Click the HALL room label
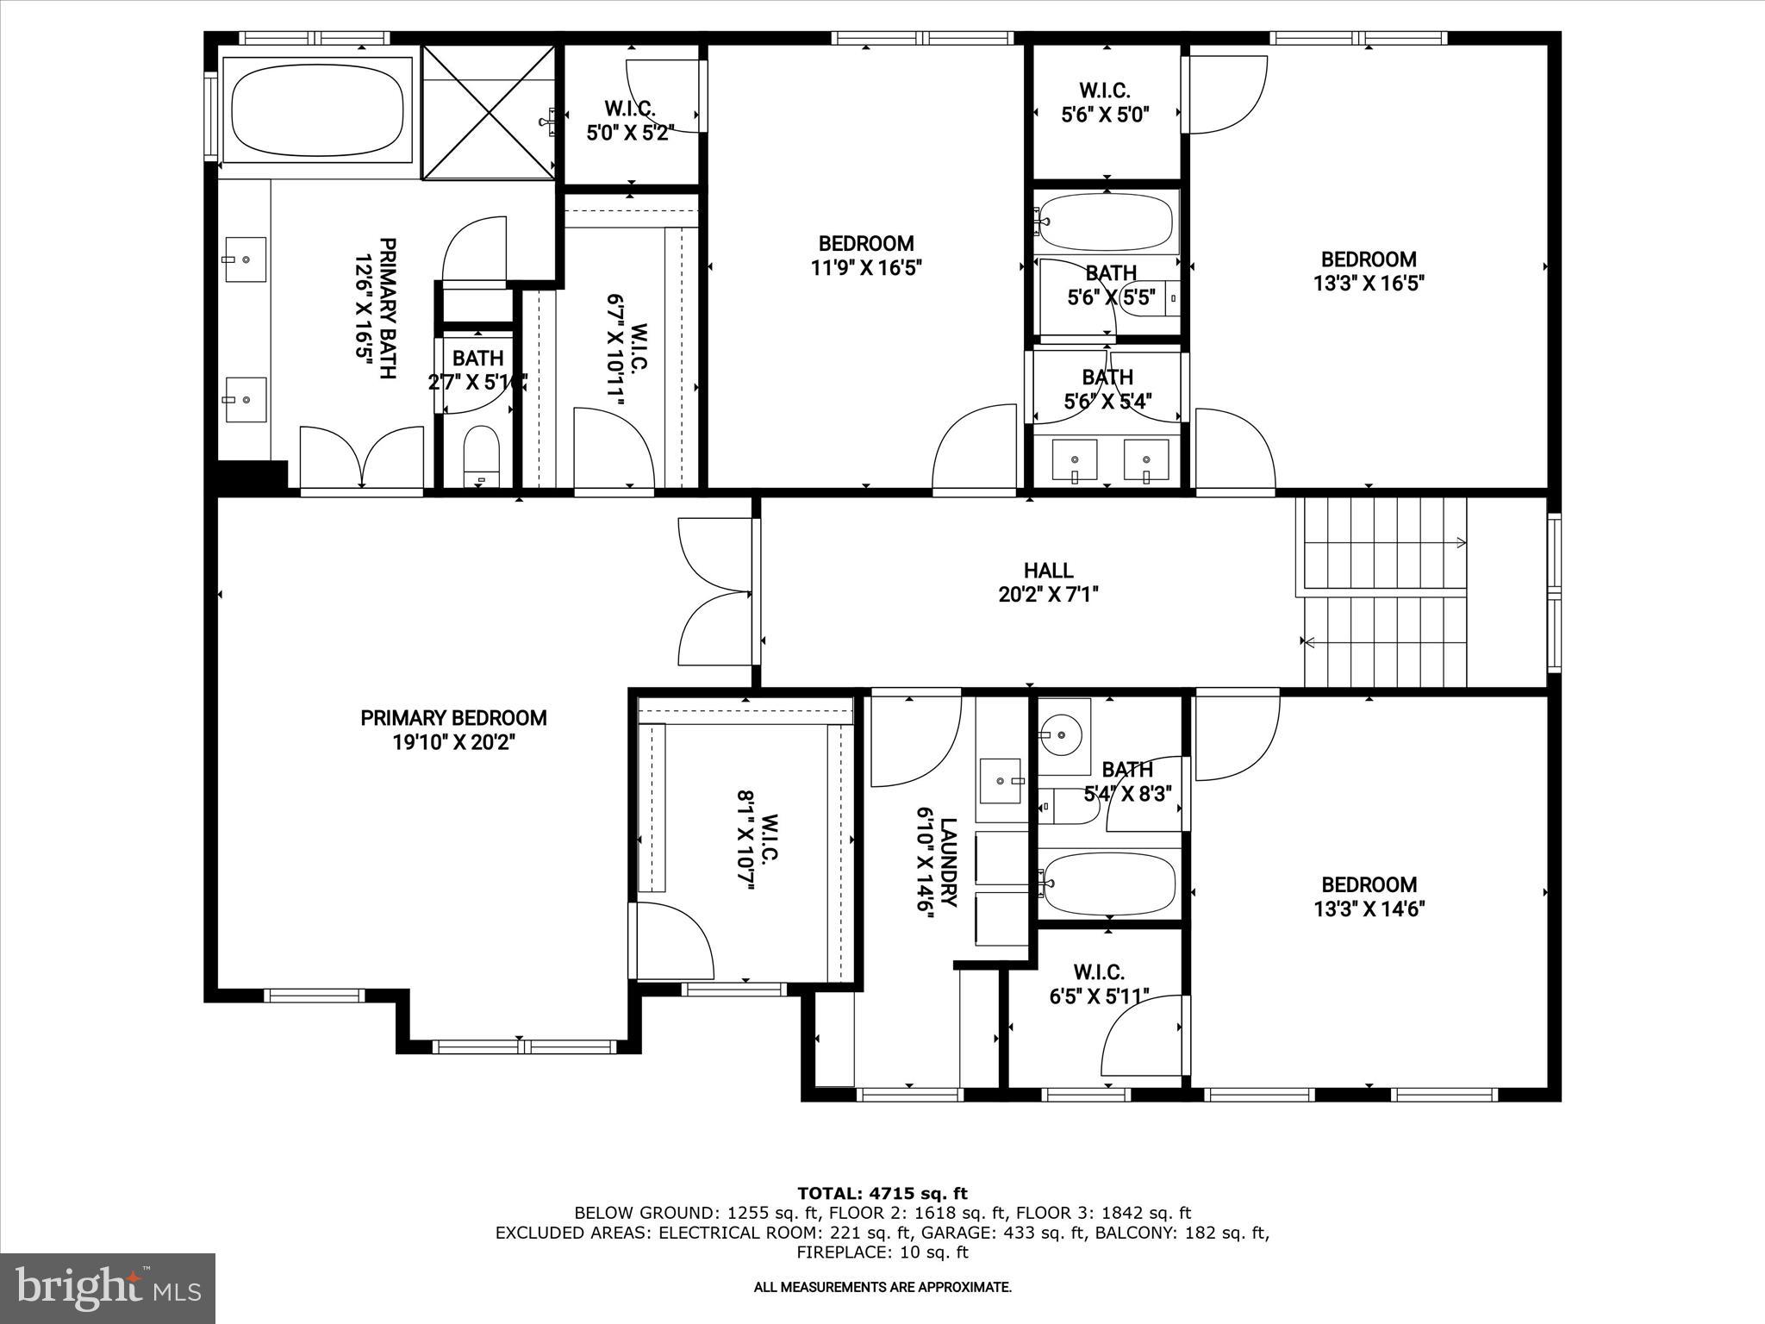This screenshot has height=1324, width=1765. pos(1048,571)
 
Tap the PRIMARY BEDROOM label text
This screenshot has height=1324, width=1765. pos(453,718)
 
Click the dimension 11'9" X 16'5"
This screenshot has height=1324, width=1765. pos(865,268)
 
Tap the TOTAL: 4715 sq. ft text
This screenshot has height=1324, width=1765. pos(882,1194)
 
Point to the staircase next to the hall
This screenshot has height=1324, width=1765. pos(1383,592)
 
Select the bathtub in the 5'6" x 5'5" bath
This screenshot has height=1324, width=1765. pos(1107,222)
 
